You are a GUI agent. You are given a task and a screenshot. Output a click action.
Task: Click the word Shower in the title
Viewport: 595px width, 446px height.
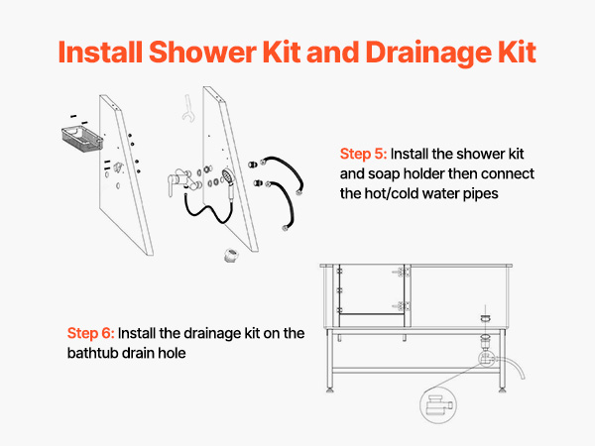click(202, 52)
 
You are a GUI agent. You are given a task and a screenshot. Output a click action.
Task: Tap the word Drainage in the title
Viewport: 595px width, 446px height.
click(426, 54)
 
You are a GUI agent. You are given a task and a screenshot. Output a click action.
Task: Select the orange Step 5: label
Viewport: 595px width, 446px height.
click(363, 155)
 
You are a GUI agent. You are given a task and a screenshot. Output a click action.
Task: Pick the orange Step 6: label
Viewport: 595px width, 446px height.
click(90, 334)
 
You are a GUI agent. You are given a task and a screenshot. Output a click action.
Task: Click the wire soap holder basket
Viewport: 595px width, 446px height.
click(81, 139)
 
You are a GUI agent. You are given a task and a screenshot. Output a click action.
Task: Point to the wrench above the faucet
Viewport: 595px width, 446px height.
click(187, 108)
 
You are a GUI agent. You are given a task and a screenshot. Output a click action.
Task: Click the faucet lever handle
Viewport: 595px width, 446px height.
click(171, 185)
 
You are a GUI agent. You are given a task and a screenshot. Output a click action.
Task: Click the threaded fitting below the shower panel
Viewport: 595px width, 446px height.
click(231, 256)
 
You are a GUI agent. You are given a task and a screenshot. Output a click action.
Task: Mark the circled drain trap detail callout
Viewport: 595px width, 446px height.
click(438, 405)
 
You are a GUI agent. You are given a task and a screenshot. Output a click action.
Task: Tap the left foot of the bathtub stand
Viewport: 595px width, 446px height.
click(330, 390)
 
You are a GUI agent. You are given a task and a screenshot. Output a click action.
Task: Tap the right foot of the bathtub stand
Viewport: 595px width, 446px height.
click(502, 390)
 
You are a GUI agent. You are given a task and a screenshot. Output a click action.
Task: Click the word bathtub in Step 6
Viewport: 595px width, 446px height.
click(90, 353)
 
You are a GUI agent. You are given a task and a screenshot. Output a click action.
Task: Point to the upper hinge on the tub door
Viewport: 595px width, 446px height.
click(403, 272)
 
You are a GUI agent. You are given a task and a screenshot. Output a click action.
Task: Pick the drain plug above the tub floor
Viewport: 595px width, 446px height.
click(485, 318)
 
